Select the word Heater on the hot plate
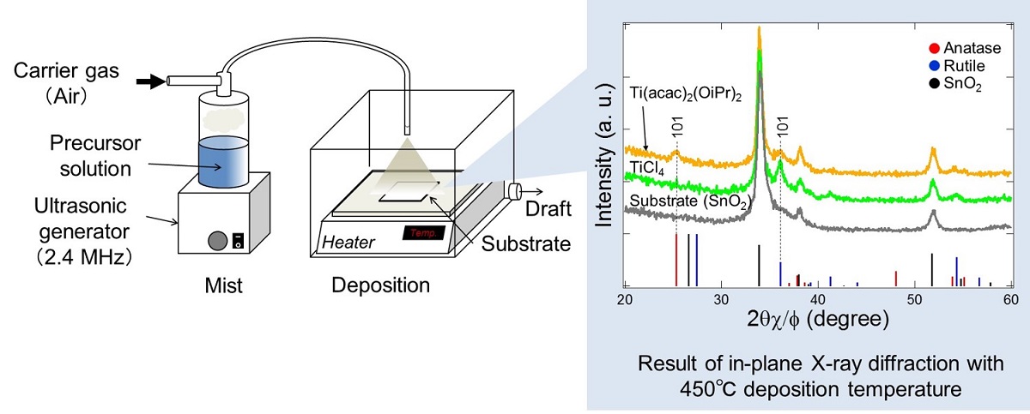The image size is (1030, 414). point(349,243)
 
